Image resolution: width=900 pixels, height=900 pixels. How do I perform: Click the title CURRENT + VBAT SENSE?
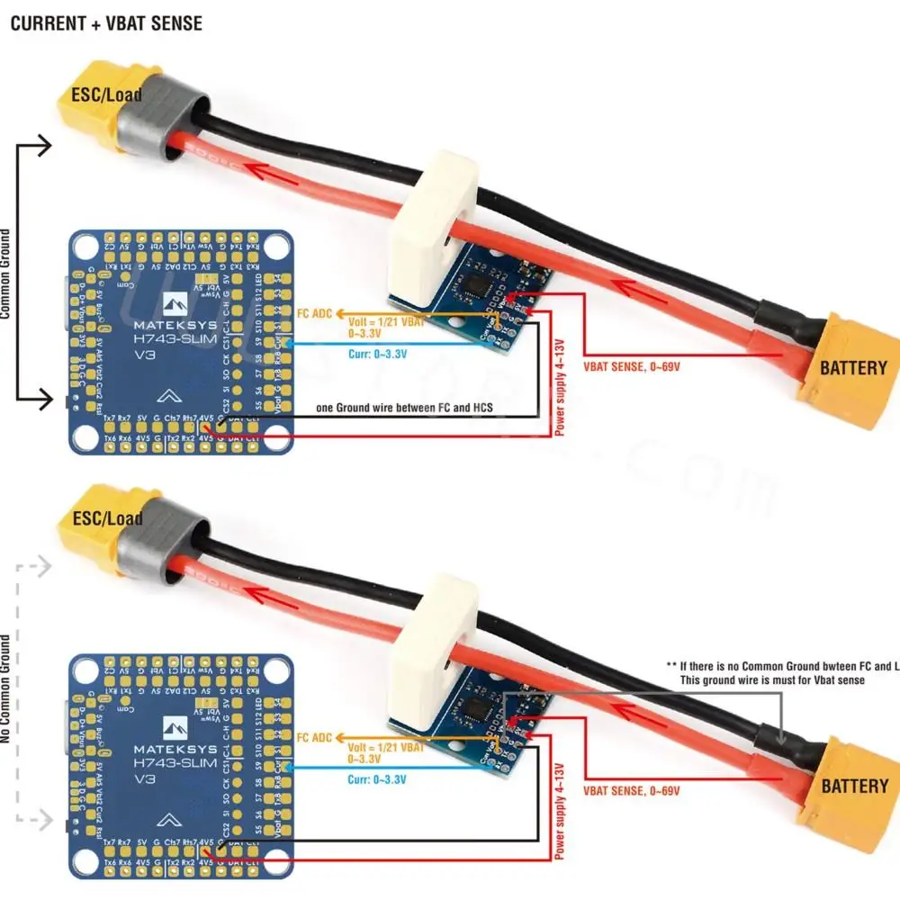[106, 23]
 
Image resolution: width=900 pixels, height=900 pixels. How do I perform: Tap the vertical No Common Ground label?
[7, 689]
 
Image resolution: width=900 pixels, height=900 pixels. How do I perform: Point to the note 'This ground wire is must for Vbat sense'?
[771, 679]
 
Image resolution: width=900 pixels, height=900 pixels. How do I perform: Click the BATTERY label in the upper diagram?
[852, 367]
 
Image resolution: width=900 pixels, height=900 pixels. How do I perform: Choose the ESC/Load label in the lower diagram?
[108, 518]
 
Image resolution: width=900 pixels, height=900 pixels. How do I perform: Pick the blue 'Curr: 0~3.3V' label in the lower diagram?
[377, 779]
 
